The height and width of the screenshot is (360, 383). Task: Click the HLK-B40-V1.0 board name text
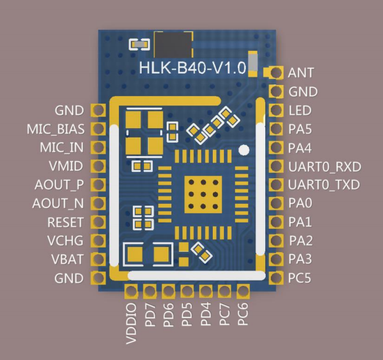tap(192, 68)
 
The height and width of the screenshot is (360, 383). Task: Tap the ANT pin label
tap(301, 73)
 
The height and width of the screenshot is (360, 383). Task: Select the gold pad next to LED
tap(276, 110)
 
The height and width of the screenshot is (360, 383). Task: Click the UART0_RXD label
tap(325, 167)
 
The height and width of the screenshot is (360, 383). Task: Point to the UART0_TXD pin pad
tap(276, 184)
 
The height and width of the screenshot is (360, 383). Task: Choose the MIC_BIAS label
tap(56, 129)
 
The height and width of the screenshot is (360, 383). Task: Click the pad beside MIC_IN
tap(98, 147)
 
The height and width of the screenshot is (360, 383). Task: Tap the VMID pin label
tap(66, 166)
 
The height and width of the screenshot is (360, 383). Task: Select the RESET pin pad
tap(98, 221)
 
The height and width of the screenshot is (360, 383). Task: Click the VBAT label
tap(68, 259)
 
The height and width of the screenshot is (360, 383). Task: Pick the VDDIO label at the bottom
tap(131, 324)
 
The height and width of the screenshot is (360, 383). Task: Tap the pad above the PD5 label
tap(187, 291)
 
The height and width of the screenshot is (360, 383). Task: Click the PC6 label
tap(243, 315)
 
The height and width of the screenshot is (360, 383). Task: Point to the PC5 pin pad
tap(276, 277)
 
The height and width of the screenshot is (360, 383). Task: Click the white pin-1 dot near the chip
tap(244, 150)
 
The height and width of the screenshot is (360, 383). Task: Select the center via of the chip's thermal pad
tap(203, 195)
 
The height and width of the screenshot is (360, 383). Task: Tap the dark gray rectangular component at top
tap(173, 45)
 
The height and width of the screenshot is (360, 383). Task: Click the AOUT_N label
tap(58, 203)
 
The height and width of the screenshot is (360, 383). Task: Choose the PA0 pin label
tap(300, 203)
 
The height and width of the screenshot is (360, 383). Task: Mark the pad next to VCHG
tap(98, 240)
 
